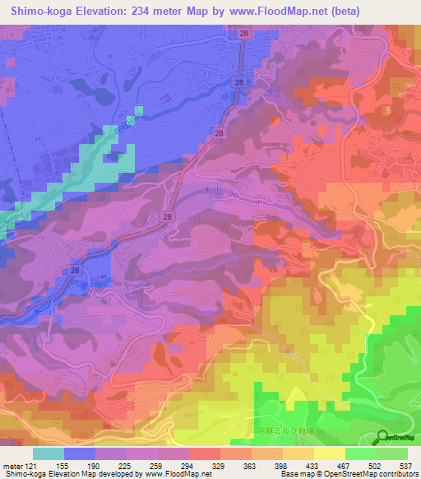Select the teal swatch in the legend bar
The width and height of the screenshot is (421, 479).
pos(49,453)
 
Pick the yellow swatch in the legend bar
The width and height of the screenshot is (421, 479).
pos(330,453)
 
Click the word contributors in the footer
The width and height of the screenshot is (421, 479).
pos(395,474)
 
